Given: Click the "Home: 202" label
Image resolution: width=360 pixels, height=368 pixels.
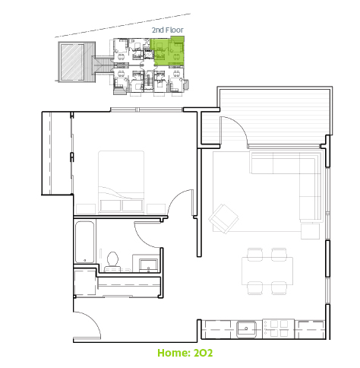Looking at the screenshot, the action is tap(185, 353).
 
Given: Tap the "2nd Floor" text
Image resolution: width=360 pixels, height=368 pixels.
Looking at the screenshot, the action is tap(168, 30).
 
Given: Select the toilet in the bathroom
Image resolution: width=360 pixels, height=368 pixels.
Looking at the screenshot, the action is tap(112, 262).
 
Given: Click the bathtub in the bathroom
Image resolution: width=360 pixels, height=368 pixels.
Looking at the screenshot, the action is tap(84, 242).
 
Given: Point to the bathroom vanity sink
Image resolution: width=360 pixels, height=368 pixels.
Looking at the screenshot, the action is tap(148, 265).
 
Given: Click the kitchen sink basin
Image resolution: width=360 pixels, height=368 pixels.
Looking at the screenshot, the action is tap(246, 329).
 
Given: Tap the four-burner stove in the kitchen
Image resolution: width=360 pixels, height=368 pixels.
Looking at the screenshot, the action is tap(278, 328).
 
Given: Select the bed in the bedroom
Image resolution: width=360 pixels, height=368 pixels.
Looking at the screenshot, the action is tap(122, 182).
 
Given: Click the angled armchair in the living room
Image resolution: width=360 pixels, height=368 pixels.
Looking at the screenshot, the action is tap(224, 219).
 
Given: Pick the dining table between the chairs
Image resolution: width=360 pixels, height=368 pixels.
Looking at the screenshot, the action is tap(267, 271).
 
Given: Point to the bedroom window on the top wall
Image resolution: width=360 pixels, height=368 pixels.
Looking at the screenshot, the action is tap(147, 109).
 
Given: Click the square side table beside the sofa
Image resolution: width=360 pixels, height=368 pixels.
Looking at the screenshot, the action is tap(310, 231).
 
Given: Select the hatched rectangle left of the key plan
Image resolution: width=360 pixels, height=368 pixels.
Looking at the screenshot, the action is tap(72, 62).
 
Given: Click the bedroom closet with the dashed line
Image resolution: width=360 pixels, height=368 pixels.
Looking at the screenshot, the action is tap(57, 153).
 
